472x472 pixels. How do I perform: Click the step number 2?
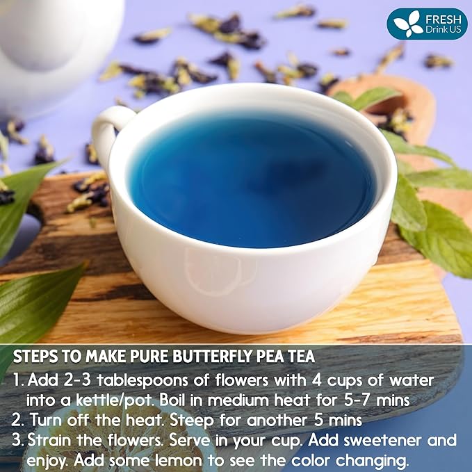18,421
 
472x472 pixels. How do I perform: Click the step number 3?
18,441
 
